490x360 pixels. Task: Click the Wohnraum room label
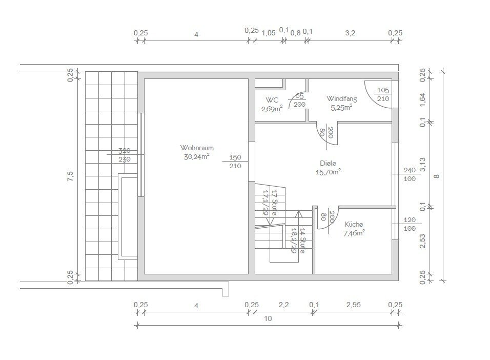(197, 148)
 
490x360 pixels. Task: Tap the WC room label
(272, 100)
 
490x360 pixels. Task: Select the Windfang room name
(341, 98)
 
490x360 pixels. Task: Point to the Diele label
(328, 163)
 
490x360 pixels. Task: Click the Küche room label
(354, 224)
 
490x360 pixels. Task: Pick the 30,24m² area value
(196, 156)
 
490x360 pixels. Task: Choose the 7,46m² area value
(354, 233)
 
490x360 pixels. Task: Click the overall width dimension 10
(268, 318)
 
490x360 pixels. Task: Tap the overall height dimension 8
(437, 176)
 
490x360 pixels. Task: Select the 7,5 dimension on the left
(70, 176)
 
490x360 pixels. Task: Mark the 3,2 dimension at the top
(350, 33)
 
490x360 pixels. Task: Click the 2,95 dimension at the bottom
(353, 305)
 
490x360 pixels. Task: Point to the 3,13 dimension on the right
(422, 165)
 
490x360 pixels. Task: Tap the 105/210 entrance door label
(383, 94)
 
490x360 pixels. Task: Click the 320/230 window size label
(125, 155)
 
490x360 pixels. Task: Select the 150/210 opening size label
(235, 162)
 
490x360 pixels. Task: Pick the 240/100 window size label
(410, 174)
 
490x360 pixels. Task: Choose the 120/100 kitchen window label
(410, 224)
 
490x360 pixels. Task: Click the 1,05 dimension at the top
(269, 33)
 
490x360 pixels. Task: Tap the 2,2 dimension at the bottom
(284, 305)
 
